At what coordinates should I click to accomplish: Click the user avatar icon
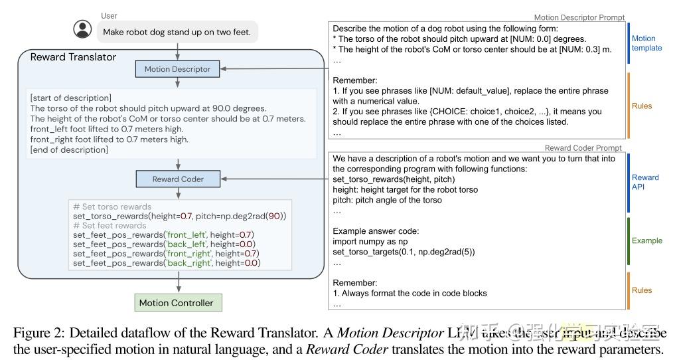tap(82, 29)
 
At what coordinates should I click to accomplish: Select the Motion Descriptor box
tap(177, 68)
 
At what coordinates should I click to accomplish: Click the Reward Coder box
tap(177, 179)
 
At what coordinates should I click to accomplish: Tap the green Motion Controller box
tap(176, 303)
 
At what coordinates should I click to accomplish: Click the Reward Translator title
tap(73, 57)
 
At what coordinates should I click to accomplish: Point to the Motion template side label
tap(646, 43)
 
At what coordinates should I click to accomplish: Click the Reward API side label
tap(645, 182)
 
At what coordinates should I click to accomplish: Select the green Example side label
tap(646, 240)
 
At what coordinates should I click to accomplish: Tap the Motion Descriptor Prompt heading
tap(579, 18)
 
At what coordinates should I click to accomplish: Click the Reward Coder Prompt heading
tap(583, 148)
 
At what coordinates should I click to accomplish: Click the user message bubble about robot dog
tap(178, 31)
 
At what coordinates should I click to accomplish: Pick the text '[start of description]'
tap(71, 98)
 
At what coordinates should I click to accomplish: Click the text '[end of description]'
tap(69, 149)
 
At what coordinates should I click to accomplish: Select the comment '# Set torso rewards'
tap(112, 207)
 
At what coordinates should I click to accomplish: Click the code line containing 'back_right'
tap(167, 263)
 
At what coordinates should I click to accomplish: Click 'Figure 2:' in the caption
tap(40, 332)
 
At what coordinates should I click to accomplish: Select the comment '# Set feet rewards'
tap(110, 226)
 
